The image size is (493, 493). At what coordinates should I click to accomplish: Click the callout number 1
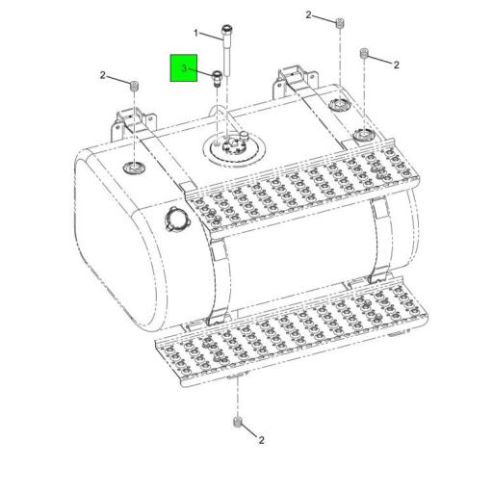(x=196, y=33)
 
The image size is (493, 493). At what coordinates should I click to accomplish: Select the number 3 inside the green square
(x=184, y=68)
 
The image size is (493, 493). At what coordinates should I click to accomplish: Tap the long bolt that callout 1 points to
(x=227, y=50)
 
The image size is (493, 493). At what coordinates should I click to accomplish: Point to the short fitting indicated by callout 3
(x=218, y=79)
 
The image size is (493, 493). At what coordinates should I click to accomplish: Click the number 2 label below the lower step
(x=262, y=440)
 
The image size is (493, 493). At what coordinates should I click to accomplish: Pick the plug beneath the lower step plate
(x=238, y=422)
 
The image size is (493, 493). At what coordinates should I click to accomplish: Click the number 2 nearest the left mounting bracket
(x=102, y=75)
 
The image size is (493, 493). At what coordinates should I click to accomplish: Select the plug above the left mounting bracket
(x=134, y=86)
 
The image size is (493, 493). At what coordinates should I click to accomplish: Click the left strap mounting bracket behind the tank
(x=134, y=123)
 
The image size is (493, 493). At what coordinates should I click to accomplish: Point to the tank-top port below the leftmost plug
(x=134, y=168)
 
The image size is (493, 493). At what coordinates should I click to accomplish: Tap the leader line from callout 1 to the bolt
(x=211, y=37)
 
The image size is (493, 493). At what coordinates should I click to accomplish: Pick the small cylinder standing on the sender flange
(x=246, y=137)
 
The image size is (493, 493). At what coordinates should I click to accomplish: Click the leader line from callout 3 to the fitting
(x=200, y=72)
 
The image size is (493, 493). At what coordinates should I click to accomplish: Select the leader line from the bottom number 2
(x=249, y=430)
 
